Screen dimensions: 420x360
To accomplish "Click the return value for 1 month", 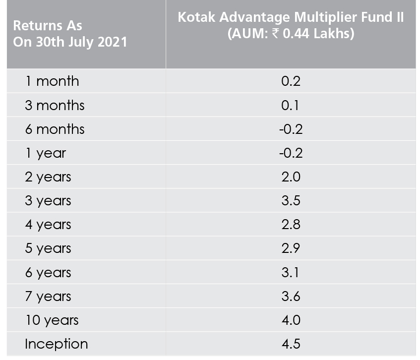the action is pyautogui.click(x=291, y=81).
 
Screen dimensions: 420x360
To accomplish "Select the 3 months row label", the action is pyautogui.click(x=55, y=105).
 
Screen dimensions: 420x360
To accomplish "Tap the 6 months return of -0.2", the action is pyautogui.click(x=291, y=129).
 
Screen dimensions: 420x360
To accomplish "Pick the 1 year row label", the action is pyautogui.click(x=46, y=154).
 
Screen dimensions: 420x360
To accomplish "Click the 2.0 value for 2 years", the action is pyautogui.click(x=291, y=177).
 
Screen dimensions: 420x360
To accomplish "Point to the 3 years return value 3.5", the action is pyautogui.click(x=291, y=201).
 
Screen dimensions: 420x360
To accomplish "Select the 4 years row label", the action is pyautogui.click(x=48, y=225).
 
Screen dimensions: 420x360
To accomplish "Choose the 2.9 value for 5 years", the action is pyautogui.click(x=291, y=248).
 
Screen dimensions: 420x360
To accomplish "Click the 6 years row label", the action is pyautogui.click(x=48, y=273).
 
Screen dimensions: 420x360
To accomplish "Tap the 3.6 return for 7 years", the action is pyautogui.click(x=291, y=296).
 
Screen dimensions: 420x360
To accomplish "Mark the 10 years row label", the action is pyautogui.click(x=52, y=321).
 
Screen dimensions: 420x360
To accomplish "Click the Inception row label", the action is pyautogui.click(x=56, y=344).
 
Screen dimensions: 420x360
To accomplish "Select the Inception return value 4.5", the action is pyautogui.click(x=291, y=344).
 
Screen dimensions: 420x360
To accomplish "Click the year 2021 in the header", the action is pyautogui.click(x=112, y=42).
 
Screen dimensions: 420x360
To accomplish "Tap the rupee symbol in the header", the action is pyautogui.click(x=275, y=34).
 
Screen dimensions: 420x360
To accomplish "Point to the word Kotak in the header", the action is pyautogui.click(x=196, y=17).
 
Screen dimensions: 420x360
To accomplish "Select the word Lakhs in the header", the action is pyautogui.click(x=334, y=34).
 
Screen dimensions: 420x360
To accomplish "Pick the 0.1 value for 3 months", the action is pyautogui.click(x=290, y=105).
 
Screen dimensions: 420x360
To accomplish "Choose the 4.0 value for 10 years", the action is pyautogui.click(x=291, y=320).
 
